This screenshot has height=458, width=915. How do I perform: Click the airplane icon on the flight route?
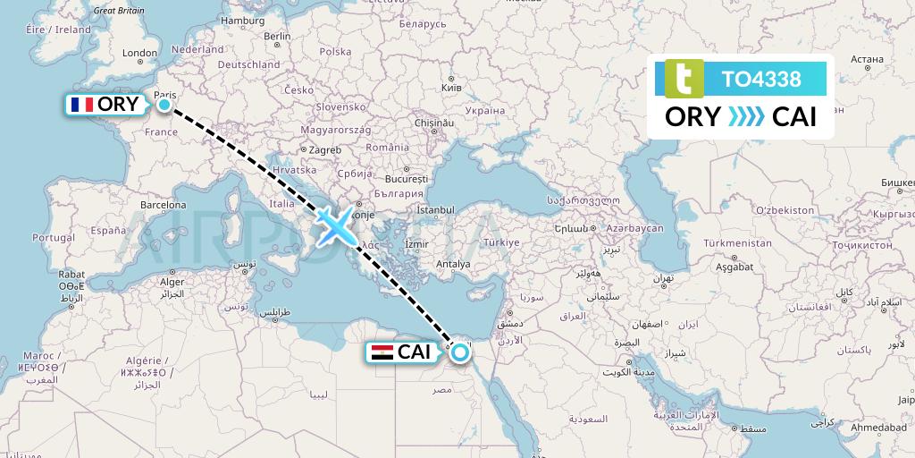click(x=335, y=226)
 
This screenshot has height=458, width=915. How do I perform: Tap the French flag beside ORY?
click(x=81, y=105)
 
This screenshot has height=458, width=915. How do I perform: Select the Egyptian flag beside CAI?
click(x=382, y=352)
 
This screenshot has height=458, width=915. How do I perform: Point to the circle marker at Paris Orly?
click(x=164, y=105)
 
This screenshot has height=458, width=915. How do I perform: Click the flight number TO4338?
click(x=761, y=79)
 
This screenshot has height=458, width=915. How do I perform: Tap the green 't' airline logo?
click(x=684, y=79)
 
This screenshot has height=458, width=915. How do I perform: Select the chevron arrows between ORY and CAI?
click(x=746, y=117)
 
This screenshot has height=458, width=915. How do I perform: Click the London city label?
click(x=139, y=54)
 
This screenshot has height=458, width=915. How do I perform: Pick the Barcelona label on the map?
click(x=163, y=204)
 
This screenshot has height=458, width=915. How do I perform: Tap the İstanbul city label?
click(x=436, y=209)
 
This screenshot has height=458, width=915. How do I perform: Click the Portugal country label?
click(x=53, y=238)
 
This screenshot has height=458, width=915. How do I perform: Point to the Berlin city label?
click(x=278, y=37)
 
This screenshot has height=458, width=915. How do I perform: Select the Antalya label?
click(x=451, y=264)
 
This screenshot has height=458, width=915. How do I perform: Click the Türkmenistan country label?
click(x=737, y=242)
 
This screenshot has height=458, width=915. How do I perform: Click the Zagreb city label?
click(x=326, y=150)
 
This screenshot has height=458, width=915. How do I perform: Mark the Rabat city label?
click(x=71, y=275)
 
